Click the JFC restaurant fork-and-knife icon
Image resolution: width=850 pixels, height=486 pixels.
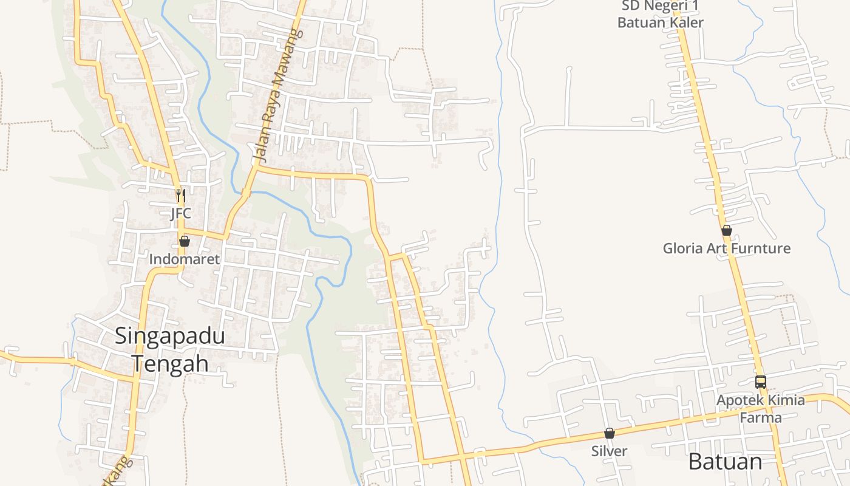pyautogui.click(x=180, y=196)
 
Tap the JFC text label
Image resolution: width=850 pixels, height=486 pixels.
pyautogui.click(x=180, y=213)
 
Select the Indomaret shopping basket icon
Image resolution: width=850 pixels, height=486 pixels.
pyautogui.click(x=185, y=241)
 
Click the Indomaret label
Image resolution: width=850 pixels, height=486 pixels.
pyautogui.click(x=185, y=259)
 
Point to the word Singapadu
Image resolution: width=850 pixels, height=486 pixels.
pyautogui.click(x=170, y=337)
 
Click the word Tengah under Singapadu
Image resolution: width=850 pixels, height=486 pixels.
pyautogui.click(x=170, y=363)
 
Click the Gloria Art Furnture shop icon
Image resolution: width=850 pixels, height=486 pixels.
pyautogui.click(x=726, y=230)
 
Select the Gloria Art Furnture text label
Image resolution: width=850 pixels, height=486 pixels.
pyautogui.click(x=726, y=248)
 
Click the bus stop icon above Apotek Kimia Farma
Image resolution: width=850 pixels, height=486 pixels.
pyautogui.click(x=761, y=382)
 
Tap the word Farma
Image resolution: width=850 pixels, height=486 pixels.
pyautogui.click(x=761, y=417)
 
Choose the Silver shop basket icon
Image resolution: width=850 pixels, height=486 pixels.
pyautogui.click(x=609, y=433)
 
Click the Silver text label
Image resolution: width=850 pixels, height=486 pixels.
pyautogui.click(x=609, y=451)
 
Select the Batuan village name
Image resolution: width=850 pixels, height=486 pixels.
pyautogui.click(x=725, y=462)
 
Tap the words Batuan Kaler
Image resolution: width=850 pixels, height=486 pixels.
pyautogui.click(x=661, y=22)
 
